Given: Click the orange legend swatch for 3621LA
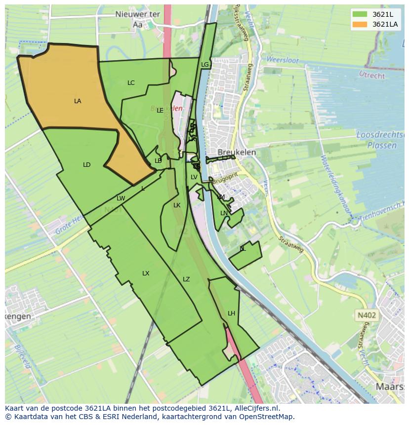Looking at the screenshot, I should pos(360,24).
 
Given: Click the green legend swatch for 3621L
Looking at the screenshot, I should pos(360,14).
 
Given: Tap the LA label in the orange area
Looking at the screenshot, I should pos(78,101).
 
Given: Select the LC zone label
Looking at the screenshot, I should pos(131,83).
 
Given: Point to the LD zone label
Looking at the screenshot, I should pos(87,165).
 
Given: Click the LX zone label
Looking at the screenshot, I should pos(146,273).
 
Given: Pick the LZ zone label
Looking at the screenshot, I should pos(186,279).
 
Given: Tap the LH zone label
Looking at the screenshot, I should pos(231,313).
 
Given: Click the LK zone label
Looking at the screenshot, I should pos(177,205).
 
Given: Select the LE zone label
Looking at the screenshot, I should pos(160,111).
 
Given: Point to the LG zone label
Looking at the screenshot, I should pos(205,65).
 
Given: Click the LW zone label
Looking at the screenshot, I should pos(121,198).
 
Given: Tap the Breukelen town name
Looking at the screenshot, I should pos(237,153).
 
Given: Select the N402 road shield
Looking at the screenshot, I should pos(366,314).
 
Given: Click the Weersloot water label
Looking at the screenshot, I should pos(283,60).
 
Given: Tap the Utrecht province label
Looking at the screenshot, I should pos(372,76).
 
